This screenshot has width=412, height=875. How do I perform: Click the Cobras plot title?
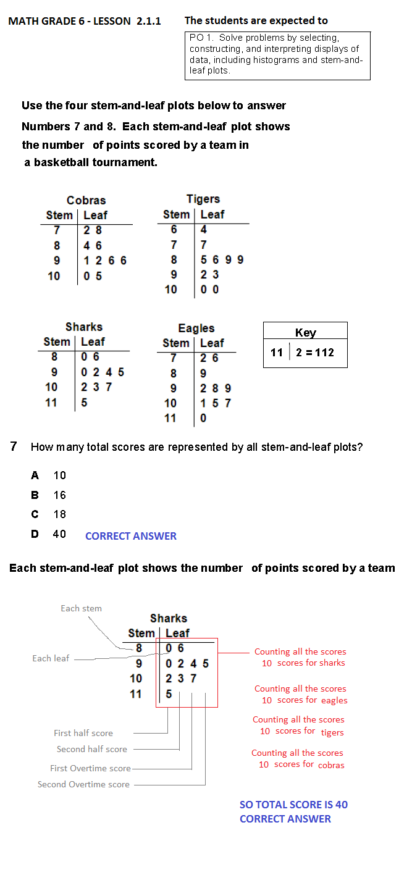86,201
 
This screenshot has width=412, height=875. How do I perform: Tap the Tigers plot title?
203,199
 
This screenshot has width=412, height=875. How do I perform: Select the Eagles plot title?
196,329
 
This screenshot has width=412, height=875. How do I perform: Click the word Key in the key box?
305,333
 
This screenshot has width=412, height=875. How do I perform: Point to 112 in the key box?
324,353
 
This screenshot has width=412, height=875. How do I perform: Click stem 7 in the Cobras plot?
57,230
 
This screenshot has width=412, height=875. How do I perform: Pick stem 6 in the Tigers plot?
174,230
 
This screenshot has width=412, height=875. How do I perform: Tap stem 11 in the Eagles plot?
170,418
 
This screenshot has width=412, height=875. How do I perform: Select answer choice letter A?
35,475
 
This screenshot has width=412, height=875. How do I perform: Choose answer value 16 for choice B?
59,495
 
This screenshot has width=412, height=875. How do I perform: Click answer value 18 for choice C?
59,514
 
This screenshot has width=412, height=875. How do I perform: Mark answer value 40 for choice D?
59,534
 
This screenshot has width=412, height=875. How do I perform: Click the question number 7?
14,446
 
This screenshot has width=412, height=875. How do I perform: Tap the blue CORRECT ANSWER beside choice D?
131,536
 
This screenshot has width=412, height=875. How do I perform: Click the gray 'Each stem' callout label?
81,608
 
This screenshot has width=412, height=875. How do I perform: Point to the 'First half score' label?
83,733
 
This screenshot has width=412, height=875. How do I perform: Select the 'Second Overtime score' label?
83,784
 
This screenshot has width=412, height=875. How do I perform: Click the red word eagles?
334,700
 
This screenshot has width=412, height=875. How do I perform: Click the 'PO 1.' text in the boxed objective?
201,38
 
